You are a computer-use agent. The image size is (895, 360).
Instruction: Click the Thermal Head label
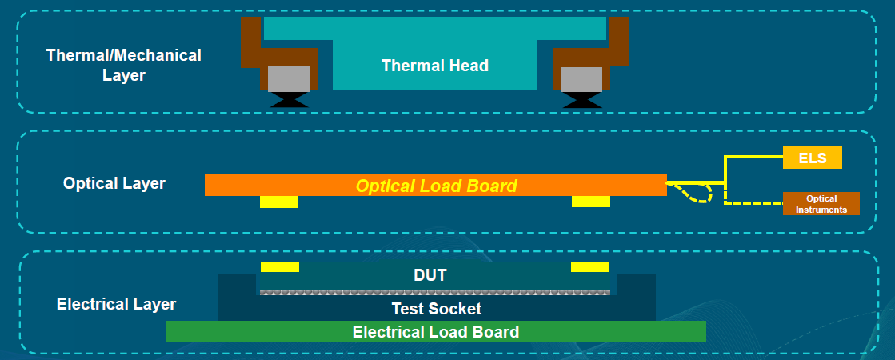coord(434,66)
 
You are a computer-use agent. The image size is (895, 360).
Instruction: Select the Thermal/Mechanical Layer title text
coord(124,66)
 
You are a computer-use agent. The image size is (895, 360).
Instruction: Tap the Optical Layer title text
coord(114,183)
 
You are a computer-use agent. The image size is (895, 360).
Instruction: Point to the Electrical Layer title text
coord(117,304)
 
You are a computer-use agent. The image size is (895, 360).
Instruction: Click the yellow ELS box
coord(812,158)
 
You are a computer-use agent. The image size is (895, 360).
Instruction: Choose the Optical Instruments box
coord(821,204)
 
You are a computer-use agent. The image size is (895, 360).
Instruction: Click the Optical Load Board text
coord(436,186)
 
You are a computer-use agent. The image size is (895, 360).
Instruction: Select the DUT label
coord(430,275)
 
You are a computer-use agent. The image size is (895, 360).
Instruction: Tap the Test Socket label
coord(436,308)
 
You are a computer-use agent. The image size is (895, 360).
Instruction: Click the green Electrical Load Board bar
coord(435,331)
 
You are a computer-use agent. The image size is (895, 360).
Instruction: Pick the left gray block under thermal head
coord(288,78)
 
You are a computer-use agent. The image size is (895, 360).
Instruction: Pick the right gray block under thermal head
coord(581,78)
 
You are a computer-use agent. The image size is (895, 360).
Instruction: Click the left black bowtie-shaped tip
coord(288,99)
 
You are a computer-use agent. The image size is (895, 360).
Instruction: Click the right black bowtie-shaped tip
coord(581,99)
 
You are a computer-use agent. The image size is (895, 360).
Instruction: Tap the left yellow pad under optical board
coord(279,202)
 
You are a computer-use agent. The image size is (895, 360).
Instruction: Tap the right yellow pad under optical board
coord(591,202)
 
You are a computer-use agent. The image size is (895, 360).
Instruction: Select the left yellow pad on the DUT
coord(280,266)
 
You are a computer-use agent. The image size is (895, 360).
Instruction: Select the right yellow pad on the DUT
coord(590,266)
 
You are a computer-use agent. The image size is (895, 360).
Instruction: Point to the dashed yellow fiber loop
coord(696,193)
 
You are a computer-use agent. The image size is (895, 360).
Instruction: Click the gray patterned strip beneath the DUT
coord(435,292)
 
